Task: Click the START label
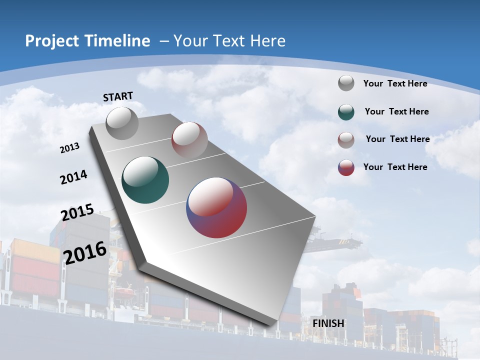[x=118, y=96]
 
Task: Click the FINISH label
[x=328, y=323]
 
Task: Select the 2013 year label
[x=70, y=148]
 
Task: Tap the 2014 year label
[x=74, y=177]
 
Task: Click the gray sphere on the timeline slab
[x=122, y=123]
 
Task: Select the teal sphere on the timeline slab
[x=145, y=180]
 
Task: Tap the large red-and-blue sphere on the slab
[x=216, y=207]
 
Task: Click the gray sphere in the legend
[x=346, y=83]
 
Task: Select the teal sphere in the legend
[x=346, y=111]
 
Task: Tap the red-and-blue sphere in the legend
[x=346, y=167]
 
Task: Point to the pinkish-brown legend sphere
[x=346, y=139]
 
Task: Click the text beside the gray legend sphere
[x=395, y=83]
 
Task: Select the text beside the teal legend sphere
[x=396, y=111]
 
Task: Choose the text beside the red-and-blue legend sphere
[x=395, y=167]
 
